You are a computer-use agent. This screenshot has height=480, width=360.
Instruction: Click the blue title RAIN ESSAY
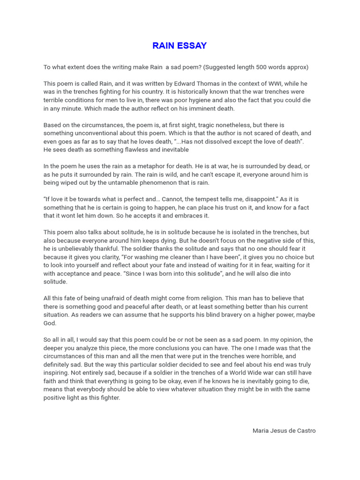coord(180,45)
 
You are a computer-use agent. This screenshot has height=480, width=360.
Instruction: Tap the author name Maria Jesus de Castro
coord(284,430)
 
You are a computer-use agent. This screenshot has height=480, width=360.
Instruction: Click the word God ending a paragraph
coord(50,323)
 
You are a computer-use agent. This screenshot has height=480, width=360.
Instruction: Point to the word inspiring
coord(56,373)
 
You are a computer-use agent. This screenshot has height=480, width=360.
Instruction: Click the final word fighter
coord(109,397)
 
